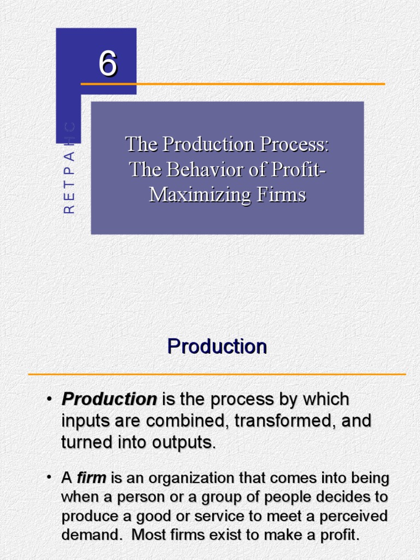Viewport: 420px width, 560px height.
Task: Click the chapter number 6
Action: (x=108, y=64)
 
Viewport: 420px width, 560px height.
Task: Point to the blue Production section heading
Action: (x=217, y=346)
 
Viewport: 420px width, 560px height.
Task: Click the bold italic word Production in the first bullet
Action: (x=109, y=399)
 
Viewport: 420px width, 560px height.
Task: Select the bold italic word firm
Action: (x=91, y=479)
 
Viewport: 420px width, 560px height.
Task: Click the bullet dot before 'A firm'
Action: (x=50, y=478)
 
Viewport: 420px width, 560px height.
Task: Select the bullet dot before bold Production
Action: (x=50, y=399)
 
